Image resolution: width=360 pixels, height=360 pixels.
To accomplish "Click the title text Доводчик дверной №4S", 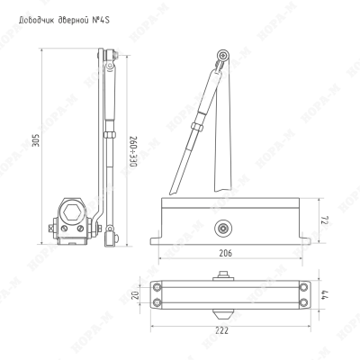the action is tap(64, 20).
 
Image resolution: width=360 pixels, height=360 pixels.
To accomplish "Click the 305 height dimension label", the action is tap(36, 139).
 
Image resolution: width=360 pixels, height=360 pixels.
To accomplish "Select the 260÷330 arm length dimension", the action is tap(133, 152).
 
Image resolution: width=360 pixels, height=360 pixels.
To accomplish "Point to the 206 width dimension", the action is tap(225, 253).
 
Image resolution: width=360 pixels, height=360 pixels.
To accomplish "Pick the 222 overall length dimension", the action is tap(222, 330).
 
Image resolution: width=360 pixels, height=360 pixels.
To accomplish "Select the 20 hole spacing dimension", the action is tap(136, 295).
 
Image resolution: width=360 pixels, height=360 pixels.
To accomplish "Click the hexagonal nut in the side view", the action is tap(71, 212).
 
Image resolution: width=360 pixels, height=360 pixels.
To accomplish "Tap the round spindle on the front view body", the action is tap(222, 229).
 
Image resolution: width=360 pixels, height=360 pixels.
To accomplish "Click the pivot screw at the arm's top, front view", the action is tap(223, 55).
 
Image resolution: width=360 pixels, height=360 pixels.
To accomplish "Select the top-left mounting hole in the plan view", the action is tap(157, 287).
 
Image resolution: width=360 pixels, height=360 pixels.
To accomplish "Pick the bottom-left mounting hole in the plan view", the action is tap(157, 302).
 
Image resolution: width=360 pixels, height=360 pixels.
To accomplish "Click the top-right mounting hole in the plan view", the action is tap(304, 287).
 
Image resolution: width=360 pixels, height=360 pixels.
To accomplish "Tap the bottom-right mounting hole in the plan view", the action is tap(304, 302).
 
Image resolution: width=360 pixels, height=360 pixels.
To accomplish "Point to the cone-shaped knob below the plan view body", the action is tap(222, 314).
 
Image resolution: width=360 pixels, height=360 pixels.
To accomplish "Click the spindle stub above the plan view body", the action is tap(223, 276).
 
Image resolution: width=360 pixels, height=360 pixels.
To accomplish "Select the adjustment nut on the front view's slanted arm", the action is tap(197, 126).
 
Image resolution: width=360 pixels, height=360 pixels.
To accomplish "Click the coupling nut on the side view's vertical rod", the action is tap(109, 134).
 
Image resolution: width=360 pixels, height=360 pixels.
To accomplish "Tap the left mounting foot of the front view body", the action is tap(156, 240).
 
